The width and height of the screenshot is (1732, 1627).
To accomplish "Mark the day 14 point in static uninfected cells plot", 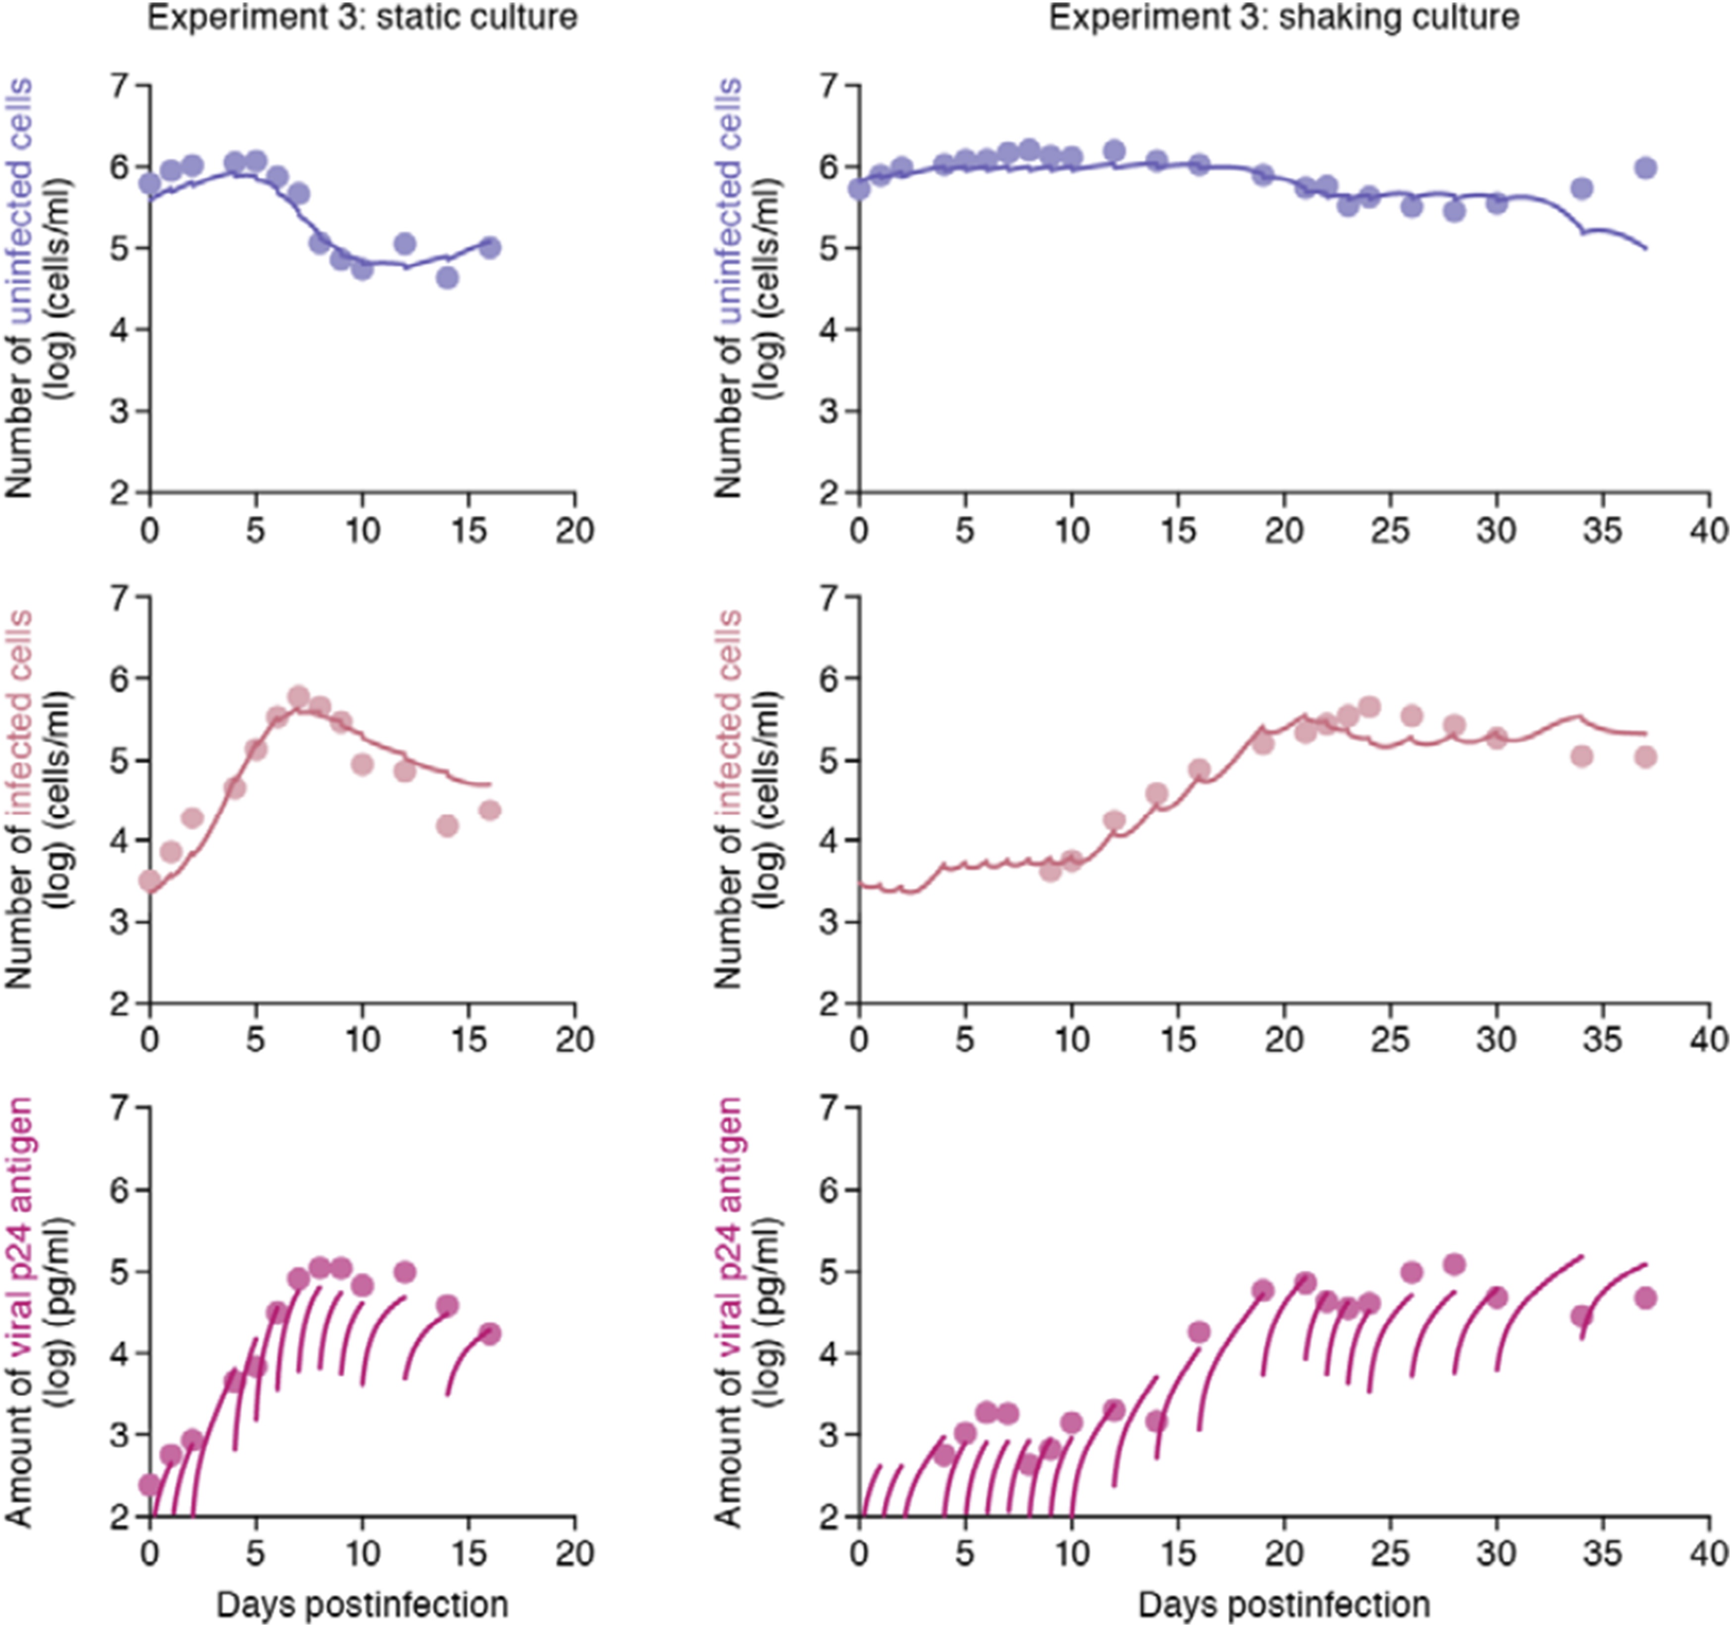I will tap(448, 278).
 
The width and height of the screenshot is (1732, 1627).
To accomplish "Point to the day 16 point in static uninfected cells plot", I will tap(490, 248).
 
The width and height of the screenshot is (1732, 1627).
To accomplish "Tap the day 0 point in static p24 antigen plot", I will tap(150, 1483).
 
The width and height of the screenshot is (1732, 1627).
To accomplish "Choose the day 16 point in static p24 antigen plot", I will tap(490, 1333).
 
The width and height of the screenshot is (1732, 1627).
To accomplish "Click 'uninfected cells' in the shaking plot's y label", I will tap(729, 201).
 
